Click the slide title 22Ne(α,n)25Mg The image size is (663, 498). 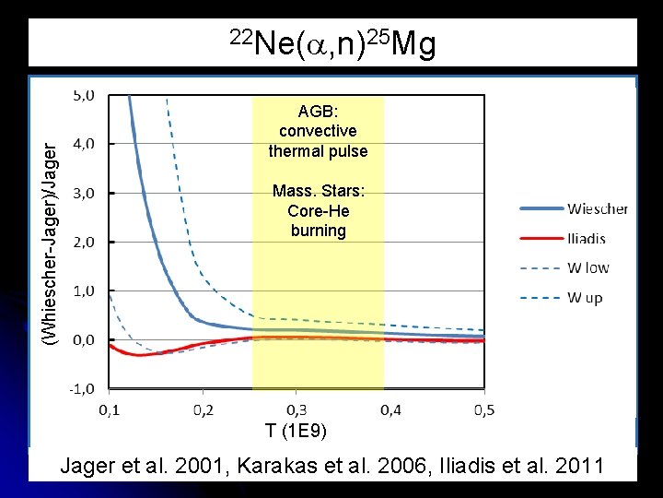tap(331, 44)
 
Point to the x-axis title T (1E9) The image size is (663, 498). tap(295, 431)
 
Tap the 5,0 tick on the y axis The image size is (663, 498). tap(84, 94)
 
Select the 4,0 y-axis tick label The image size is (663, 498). tap(84, 144)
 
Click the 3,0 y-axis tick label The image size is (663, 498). tap(84, 193)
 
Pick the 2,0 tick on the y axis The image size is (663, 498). tap(84, 242)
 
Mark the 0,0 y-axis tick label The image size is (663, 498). tap(84, 339)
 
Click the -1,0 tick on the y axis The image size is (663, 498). tap(82, 388)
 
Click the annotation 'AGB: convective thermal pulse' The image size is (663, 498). tap(318, 131)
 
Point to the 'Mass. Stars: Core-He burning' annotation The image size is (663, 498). tap(318, 211)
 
